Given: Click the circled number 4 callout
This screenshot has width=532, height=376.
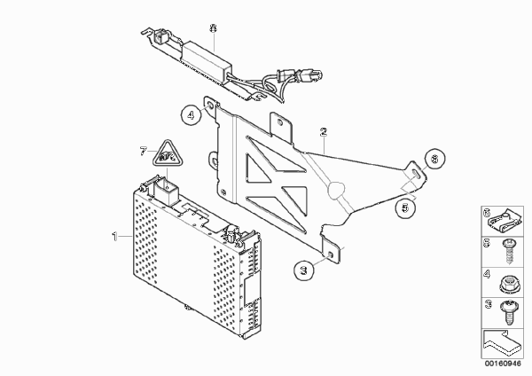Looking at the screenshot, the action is (x=191, y=114).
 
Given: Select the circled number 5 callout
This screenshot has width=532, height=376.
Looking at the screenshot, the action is (x=405, y=208).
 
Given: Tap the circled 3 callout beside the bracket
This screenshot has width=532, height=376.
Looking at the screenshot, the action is (x=304, y=270).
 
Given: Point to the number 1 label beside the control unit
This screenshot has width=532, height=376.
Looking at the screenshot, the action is (x=115, y=236).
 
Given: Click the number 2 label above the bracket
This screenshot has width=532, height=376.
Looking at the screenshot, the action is (x=324, y=131).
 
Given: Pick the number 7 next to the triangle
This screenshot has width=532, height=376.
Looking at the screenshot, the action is (x=143, y=151).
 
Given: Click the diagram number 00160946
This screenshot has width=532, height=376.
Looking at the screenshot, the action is (x=503, y=364).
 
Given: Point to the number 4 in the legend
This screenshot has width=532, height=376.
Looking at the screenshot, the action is (x=487, y=274).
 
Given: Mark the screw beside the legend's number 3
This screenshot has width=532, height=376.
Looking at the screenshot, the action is (x=508, y=313).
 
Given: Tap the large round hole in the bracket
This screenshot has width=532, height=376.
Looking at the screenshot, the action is (x=336, y=189).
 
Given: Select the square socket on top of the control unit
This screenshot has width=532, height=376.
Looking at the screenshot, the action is (x=167, y=192).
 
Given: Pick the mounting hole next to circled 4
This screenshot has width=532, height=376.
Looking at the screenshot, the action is (x=210, y=106).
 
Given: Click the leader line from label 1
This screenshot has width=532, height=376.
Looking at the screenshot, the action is (x=126, y=236).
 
